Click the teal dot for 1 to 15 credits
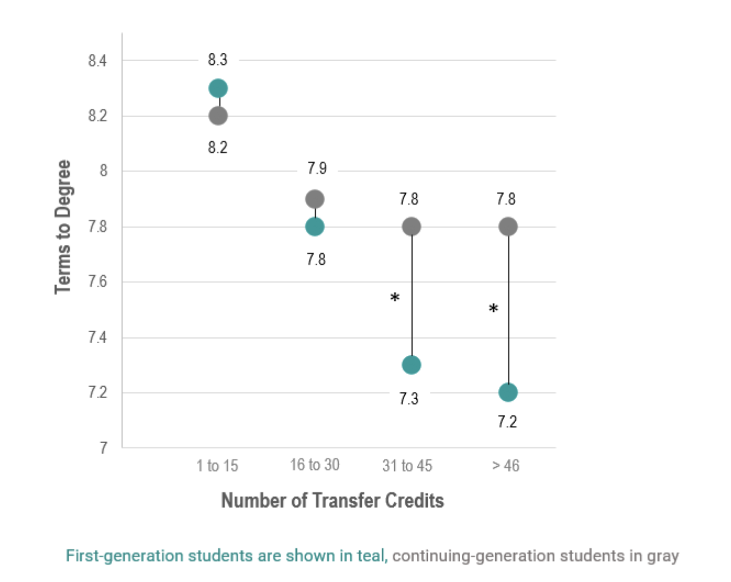click(x=218, y=88)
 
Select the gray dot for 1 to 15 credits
click(x=218, y=116)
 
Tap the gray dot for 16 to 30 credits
click(x=315, y=199)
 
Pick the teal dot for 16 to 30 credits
click(x=315, y=227)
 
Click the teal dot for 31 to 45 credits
click(x=412, y=365)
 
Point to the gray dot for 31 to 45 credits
click(x=412, y=227)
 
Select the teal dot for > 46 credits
click(x=508, y=392)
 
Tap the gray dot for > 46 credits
click(x=508, y=227)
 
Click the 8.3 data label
click(x=218, y=60)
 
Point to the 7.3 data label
click(x=409, y=399)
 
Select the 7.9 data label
click(x=317, y=168)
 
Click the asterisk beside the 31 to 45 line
click(x=395, y=298)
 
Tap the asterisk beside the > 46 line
click(x=494, y=309)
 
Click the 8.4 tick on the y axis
click(x=97, y=61)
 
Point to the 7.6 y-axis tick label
click(x=97, y=282)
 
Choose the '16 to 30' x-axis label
click(x=315, y=465)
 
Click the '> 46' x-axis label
click(x=506, y=465)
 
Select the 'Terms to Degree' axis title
click(x=63, y=227)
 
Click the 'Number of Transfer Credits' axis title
click(x=333, y=500)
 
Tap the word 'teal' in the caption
click(x=371, y=556)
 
